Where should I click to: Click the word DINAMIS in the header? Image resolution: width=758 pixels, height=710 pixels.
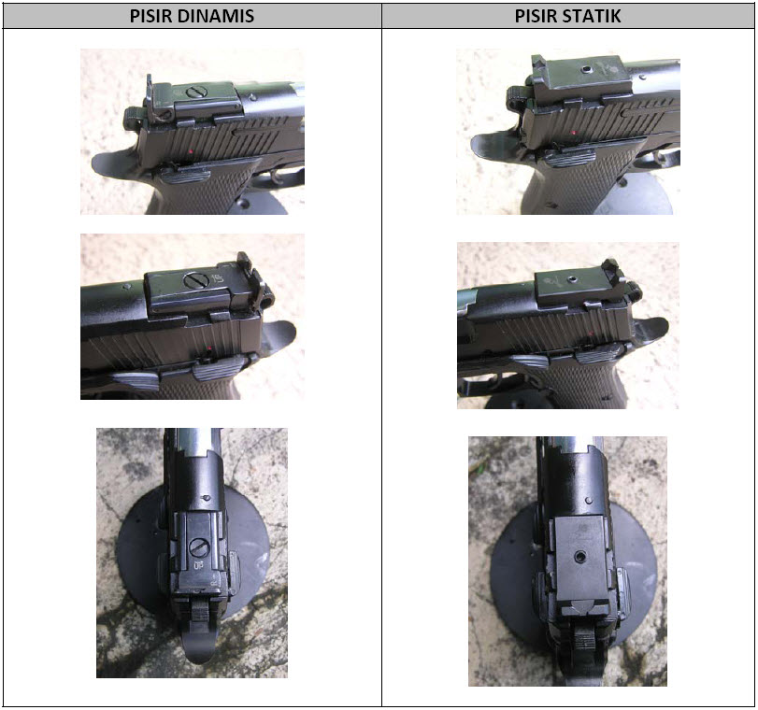pyautogui.click(x=216, y=16)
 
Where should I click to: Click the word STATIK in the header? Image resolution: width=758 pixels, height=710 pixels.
pyautogui.click(x=591, y=16)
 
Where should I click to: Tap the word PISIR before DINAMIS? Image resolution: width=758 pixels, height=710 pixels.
pyautogui.click(x=150, y=16)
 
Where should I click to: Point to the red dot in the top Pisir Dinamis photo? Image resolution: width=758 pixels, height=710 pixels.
pyautogui.click(x=191, y=152)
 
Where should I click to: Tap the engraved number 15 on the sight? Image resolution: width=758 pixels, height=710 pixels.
pyautogui.click(x=217, y=278)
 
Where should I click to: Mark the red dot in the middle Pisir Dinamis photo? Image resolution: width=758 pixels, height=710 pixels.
pyautogui.click(x=208, y=348)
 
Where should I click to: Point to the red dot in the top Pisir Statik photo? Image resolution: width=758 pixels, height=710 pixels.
pyautogui.click(x=573, y=132)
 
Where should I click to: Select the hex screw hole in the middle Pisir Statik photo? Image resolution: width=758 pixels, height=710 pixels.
pyautogui.click(x=572, y=278)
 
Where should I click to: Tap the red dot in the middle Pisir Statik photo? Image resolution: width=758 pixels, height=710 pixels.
pyautogui.click(x=591, y=334)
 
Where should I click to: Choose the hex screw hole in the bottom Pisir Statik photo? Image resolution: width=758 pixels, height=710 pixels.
pyautogui.click(x=580, y=558)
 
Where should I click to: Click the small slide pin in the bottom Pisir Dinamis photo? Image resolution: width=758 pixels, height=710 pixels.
pyautogui.click(x=207, y=497)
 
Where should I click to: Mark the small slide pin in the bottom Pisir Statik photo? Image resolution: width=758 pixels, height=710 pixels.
pyautogui.click(x=588, y=500)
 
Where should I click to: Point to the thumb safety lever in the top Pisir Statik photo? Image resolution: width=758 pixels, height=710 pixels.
pyautogui.click(x=569, y=158)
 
